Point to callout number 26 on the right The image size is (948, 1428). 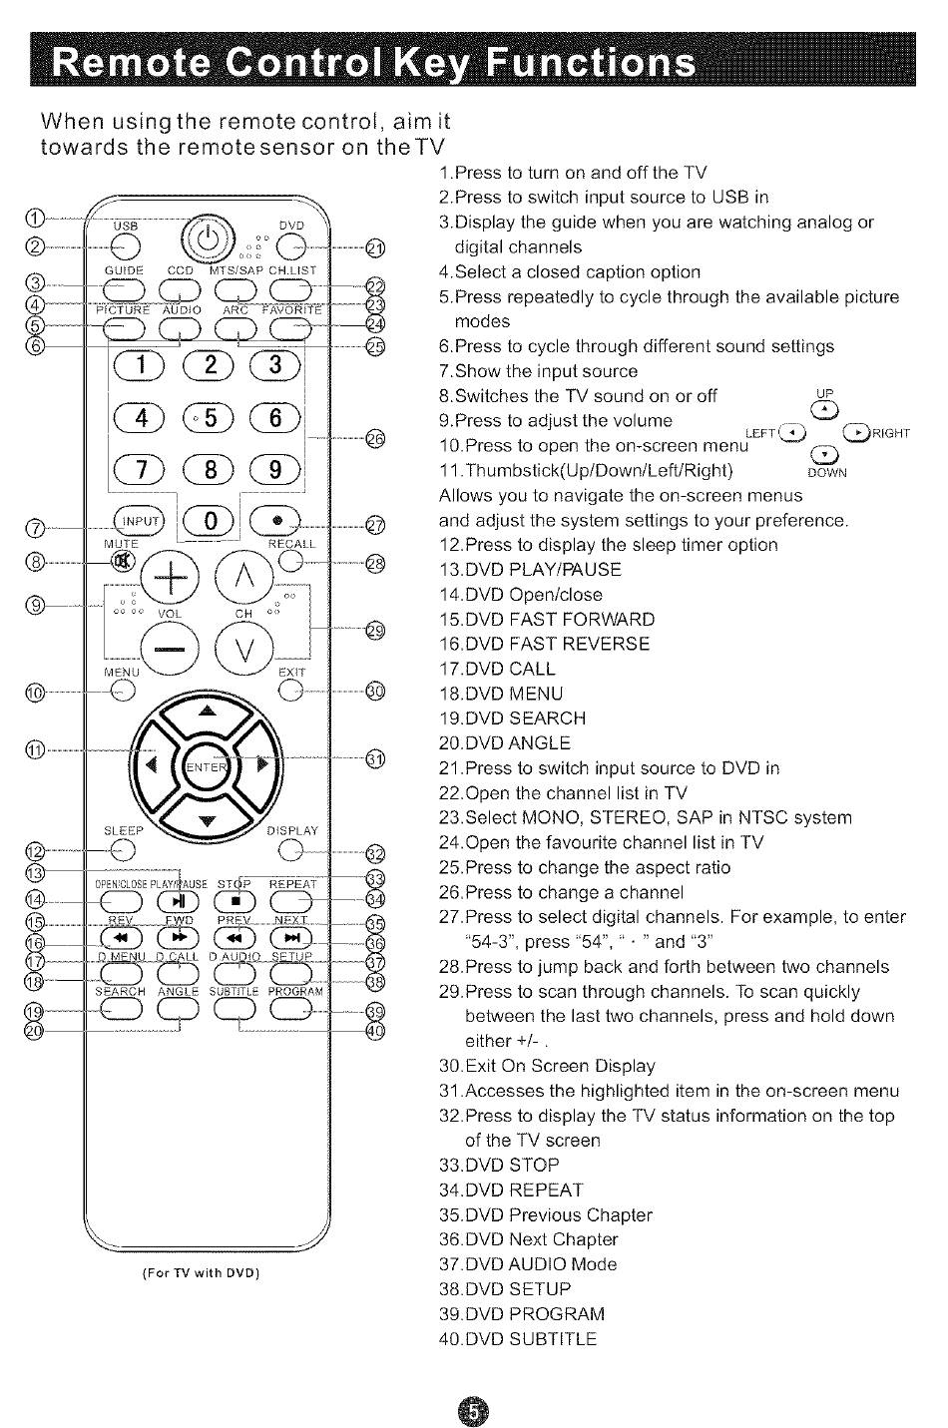pos(374,438)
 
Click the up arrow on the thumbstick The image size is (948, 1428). pos(208,712)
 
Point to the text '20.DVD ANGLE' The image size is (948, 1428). pos(505,743)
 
